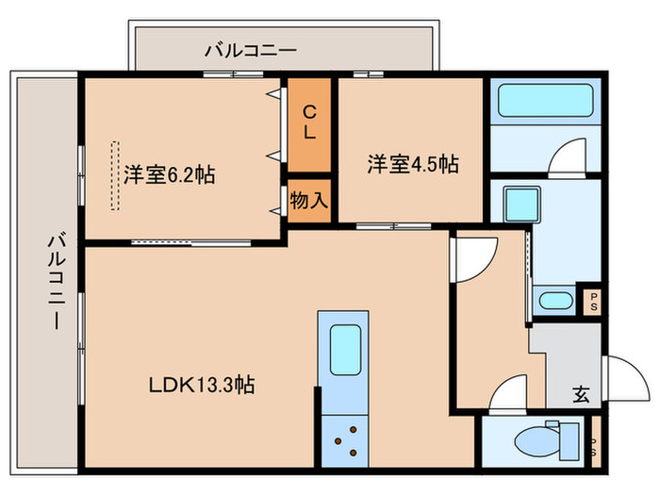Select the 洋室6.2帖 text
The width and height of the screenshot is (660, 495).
pyautogui.click(x=169, y=174)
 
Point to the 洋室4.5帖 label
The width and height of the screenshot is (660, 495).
pyautogui.click(x=413, y=164)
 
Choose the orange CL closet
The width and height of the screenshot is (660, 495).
pyautogui.click(x=309, y=123)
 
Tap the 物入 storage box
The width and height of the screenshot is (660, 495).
pyautogui.click(x=308, y=201)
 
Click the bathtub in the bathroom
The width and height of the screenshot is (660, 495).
pyautogui.click(x=541, y=101)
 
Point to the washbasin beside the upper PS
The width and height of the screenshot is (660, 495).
pyautogui.click(x=556, y=302)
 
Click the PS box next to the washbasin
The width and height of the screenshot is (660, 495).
pyautogui.click(x=593, y=302)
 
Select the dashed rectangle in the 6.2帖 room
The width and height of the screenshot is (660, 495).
pyautogui.click(x=114, y=175)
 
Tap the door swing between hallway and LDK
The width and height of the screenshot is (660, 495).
pyautogui.click(x=473, y=256)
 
